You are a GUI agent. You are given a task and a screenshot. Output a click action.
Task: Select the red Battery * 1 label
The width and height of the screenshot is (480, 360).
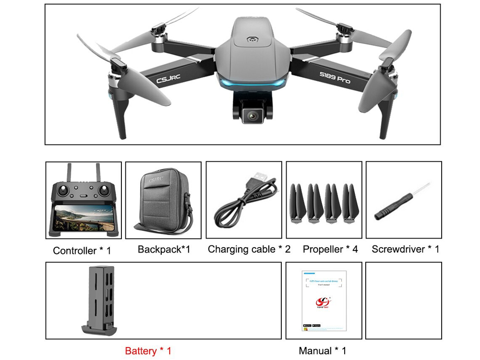[148, 351]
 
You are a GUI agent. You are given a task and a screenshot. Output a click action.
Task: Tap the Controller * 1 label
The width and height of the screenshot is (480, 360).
[82, 251]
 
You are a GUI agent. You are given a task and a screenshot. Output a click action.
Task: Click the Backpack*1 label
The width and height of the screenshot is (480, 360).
[164, 250]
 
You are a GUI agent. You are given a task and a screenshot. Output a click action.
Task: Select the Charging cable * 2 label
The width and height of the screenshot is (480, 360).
[249, 250]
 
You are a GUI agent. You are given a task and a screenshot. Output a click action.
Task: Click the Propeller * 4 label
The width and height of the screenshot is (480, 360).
[330, 250]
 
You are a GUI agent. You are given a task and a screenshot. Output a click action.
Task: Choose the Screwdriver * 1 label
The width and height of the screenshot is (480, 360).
[405, 250]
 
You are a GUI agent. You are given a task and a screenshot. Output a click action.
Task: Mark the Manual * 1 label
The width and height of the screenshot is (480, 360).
[322, 351]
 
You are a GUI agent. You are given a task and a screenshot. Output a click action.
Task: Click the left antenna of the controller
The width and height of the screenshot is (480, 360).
[69, 171]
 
